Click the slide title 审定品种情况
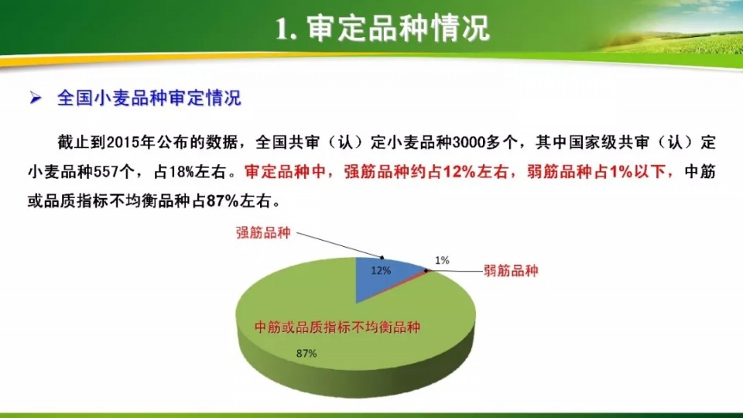coord(398,29)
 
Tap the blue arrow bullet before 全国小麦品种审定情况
coord(36,98)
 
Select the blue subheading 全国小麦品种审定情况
coord(149,98)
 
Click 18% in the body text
coord(181,172)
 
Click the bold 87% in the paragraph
coord(222,201)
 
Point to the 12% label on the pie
coord(381,271)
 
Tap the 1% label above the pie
coord(442,260)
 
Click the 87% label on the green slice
coord(306,354)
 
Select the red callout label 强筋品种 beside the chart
coord(263,233)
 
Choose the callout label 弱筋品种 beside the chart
coord(511,271)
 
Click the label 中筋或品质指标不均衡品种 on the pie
coord(337,327)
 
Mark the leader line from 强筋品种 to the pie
coord(339,245)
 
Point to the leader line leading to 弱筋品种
coord(454,271)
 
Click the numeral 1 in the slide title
coord(283,29)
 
